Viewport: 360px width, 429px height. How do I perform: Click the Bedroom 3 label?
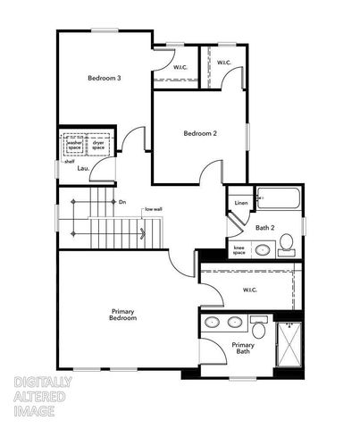[x=105, y=78]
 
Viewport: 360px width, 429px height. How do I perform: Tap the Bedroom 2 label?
[x=200, y=134]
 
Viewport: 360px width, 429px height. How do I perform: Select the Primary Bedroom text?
[x=122, y=315]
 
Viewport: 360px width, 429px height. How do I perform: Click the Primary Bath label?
[x=243, y=348]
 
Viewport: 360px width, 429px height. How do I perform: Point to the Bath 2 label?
[x=264, y=228]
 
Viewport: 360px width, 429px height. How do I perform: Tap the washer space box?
[x=74, y=143]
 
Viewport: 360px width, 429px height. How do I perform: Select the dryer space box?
[x=98, y=143]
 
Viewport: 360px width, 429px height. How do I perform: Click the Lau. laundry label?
[x=83, y=167]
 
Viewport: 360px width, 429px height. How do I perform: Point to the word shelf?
[x=69, y=162]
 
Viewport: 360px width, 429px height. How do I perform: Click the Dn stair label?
[x=122, y=202]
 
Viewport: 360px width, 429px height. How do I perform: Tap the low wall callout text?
[x=153, y=209]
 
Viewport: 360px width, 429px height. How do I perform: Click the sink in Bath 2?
[x=263, y=249]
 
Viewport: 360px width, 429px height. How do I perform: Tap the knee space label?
[x=239, y=250]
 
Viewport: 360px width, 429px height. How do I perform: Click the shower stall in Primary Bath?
[x=289, y=342]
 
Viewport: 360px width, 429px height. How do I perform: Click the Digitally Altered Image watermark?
[x=43, y=396]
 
